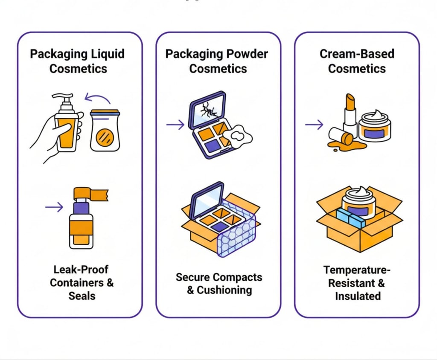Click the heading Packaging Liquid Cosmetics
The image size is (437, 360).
(x=77, y=61)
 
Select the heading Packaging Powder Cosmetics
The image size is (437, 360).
(x=217, y=61)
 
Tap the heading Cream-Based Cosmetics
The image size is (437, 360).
(x=357, y=61)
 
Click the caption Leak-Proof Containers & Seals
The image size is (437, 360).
(x=82, y=282)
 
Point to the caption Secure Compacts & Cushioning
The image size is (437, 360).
(x=218, y=284)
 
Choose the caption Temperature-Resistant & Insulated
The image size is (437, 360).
(x=357, y=282)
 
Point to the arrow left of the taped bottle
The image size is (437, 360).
(x=54, y=207)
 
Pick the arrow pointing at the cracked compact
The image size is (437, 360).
(x=175, y=125)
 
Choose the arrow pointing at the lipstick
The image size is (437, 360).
(x=314, y=125)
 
